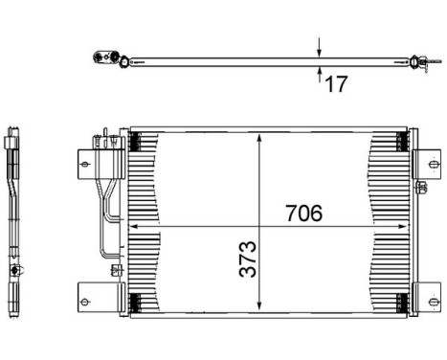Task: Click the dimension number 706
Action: click(303, 213)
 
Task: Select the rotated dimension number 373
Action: click(248, 259)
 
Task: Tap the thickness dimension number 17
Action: click(336, 84)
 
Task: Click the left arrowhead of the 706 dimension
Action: click(134, 226)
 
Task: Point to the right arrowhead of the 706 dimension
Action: click(403, 226)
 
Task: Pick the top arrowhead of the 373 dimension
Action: click(259, 138)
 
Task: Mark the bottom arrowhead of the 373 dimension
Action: click(259, 305)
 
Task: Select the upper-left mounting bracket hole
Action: click(84, 165)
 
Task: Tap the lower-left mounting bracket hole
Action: click(84, 302)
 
